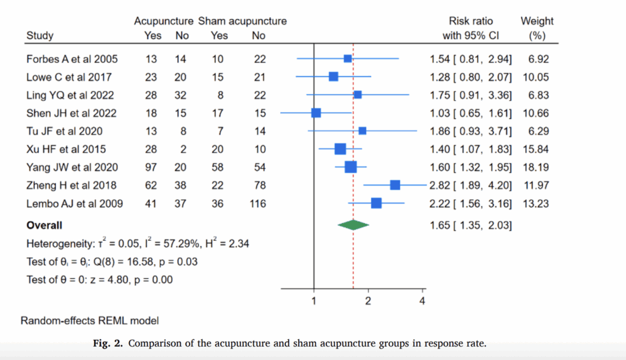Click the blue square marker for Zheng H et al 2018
pyautogui.click(x=395, y=185)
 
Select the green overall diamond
pyautogui.click(x=353, y=225)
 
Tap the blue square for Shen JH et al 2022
pyautogui.click(x=316, y=113)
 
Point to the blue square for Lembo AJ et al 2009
pyautogui.click(x=377, y=203)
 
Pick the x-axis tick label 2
pyautogui.click(x=368, y=300)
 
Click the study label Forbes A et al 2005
pyautogui.click(x=72, y=59)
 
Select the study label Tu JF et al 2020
pyautogui.click(x=64, y=131)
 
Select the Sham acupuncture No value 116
pyautogui.click(x=258, y=203)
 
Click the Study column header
pyautogui.click(x=40, y=35)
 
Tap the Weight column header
pyautogui.click(x=537, y=21)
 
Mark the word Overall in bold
pyautogui.click(x=45, y=225)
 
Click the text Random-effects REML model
pyautogui.click(x=90, y=320)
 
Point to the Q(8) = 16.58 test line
pyautogui.click(x=112, y=262)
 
